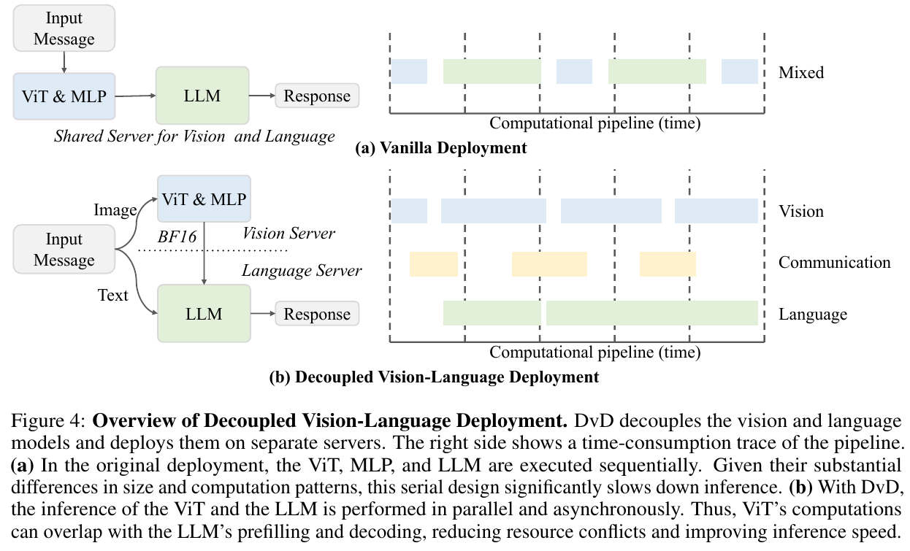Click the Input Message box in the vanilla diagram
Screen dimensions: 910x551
point(64,28)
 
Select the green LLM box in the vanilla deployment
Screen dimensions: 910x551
point(202,96)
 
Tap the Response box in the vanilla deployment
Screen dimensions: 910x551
point(317,96)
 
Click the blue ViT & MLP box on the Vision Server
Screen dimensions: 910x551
point(204,199)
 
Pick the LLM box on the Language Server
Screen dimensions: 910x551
point(204,314)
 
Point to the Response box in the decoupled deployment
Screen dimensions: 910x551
point(317,314)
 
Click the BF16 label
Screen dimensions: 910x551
point(177,236)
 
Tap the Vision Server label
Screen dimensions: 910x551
point(288,234)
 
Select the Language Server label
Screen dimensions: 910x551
point(302,271)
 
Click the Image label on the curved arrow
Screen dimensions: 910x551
point(115,210)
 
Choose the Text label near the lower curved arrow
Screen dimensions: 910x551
point(112,295)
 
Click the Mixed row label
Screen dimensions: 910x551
point(801,72)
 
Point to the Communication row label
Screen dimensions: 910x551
point(835,262)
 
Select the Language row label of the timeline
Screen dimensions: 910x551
point(813,315)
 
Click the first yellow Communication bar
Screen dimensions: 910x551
point(434,264)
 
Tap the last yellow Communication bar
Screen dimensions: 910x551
point(668,264)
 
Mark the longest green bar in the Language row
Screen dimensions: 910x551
point(652,313)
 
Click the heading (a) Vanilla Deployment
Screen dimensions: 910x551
point(441,148)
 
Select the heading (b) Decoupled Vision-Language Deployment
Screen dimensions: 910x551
point(434,377)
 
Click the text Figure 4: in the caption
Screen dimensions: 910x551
point(48,420)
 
